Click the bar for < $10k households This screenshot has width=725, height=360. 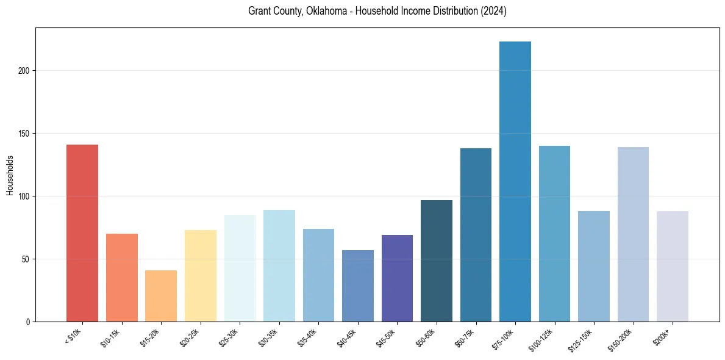click(x=82, y=233)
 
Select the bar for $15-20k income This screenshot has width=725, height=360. click(x=161, y=296)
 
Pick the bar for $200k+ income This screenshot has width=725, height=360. click(x=673, y=266)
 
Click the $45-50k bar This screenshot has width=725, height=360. click(x=397, y=278)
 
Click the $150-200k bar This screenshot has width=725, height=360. click(x=633, y=234)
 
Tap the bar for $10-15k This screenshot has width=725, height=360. click(x=122, y=278)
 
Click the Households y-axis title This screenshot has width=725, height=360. click(x=10, y=175)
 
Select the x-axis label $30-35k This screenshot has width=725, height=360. click(x=271, y=336)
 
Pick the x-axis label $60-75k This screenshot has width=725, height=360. click(x=467, y=336)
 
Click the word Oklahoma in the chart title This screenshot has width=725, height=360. click(x=321, y=11)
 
